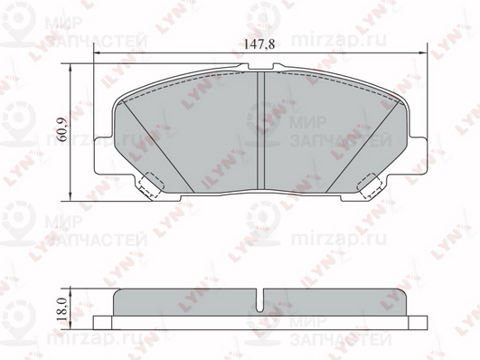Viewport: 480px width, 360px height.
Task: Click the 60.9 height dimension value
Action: [61, 130]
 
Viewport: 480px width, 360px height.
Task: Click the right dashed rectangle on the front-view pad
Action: [369, 186]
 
